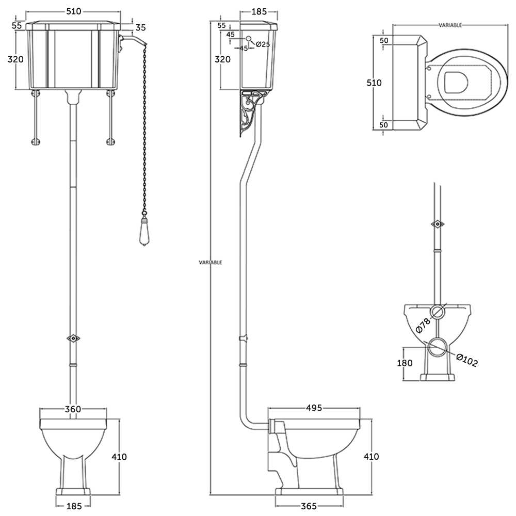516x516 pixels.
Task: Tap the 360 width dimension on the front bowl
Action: coord(73,409)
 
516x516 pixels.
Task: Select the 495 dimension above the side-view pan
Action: coord(314,408)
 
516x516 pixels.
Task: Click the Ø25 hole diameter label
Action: coord(263,44)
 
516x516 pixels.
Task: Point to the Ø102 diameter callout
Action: coord(467,360)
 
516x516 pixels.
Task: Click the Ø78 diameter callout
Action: coord(423,324)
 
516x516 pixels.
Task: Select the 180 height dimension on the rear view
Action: coord(405,363)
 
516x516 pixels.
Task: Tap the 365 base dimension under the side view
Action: coord(309,506)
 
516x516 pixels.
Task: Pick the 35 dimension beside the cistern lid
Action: coord(140,27)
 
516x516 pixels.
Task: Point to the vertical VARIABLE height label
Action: coord(211,262)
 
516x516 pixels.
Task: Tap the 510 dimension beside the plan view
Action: coord(374,83)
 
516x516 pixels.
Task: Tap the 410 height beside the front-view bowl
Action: coord(118,456)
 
